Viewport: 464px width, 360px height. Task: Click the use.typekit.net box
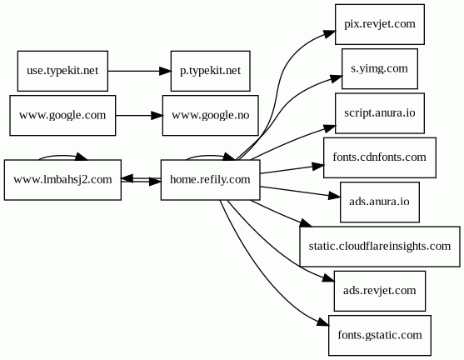62,71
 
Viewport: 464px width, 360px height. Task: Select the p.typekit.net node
211,71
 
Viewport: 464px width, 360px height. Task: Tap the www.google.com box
62,116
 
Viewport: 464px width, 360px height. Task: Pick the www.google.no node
211,116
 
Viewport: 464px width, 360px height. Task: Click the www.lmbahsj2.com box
62,180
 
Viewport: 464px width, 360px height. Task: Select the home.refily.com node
211,180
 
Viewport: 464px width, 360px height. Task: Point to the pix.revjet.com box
380,24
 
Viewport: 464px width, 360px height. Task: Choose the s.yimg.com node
380,68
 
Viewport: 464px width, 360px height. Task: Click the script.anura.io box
380,113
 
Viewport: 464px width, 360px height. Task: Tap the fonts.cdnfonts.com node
380,157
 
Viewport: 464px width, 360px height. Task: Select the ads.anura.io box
380,202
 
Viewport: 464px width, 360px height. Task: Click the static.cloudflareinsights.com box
380,247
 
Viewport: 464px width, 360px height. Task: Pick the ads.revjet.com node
380,291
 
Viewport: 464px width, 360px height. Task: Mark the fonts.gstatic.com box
380,335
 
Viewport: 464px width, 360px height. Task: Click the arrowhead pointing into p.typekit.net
165,71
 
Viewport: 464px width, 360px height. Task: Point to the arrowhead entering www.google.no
157,116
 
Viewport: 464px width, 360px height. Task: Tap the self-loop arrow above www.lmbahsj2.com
62,156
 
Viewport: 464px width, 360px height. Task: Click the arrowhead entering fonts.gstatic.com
323,322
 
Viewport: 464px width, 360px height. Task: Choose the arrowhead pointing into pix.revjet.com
329,33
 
